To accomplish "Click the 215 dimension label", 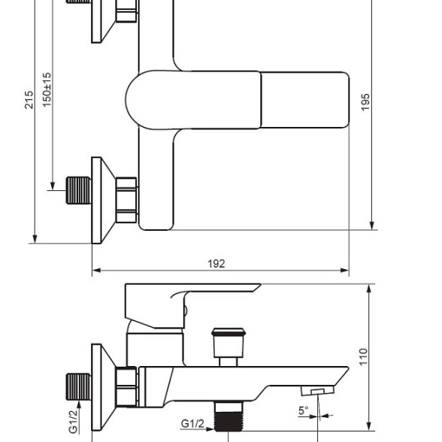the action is [x=29, y=99].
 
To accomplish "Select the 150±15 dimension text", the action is [x=47, y=89].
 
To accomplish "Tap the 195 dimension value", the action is [x=365, y=102].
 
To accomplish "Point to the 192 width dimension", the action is [x=216, y=264].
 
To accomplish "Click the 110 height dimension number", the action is [x=363, y=357].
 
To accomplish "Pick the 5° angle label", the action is [x=304, y=410].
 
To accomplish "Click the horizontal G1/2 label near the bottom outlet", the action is [x=192, y=423].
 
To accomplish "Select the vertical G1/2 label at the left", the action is [x=73, y=422].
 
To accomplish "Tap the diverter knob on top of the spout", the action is [x=229, y=347].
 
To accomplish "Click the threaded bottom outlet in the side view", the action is [x=229, y=416].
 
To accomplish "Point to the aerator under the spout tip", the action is [x=317, y=391].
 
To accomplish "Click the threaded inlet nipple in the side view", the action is [x=79, y=386].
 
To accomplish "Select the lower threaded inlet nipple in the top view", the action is [x=79, y=190].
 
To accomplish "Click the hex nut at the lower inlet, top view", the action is [x=126, y=200].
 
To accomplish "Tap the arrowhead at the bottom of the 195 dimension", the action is [x=372, y=226].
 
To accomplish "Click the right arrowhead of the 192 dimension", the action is [x=344, y=271].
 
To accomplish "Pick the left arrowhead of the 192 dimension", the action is [x=97, y=271].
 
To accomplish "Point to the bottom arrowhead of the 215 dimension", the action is [x=35, y=239].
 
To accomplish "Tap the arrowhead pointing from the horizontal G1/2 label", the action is [x=210, y=429].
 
